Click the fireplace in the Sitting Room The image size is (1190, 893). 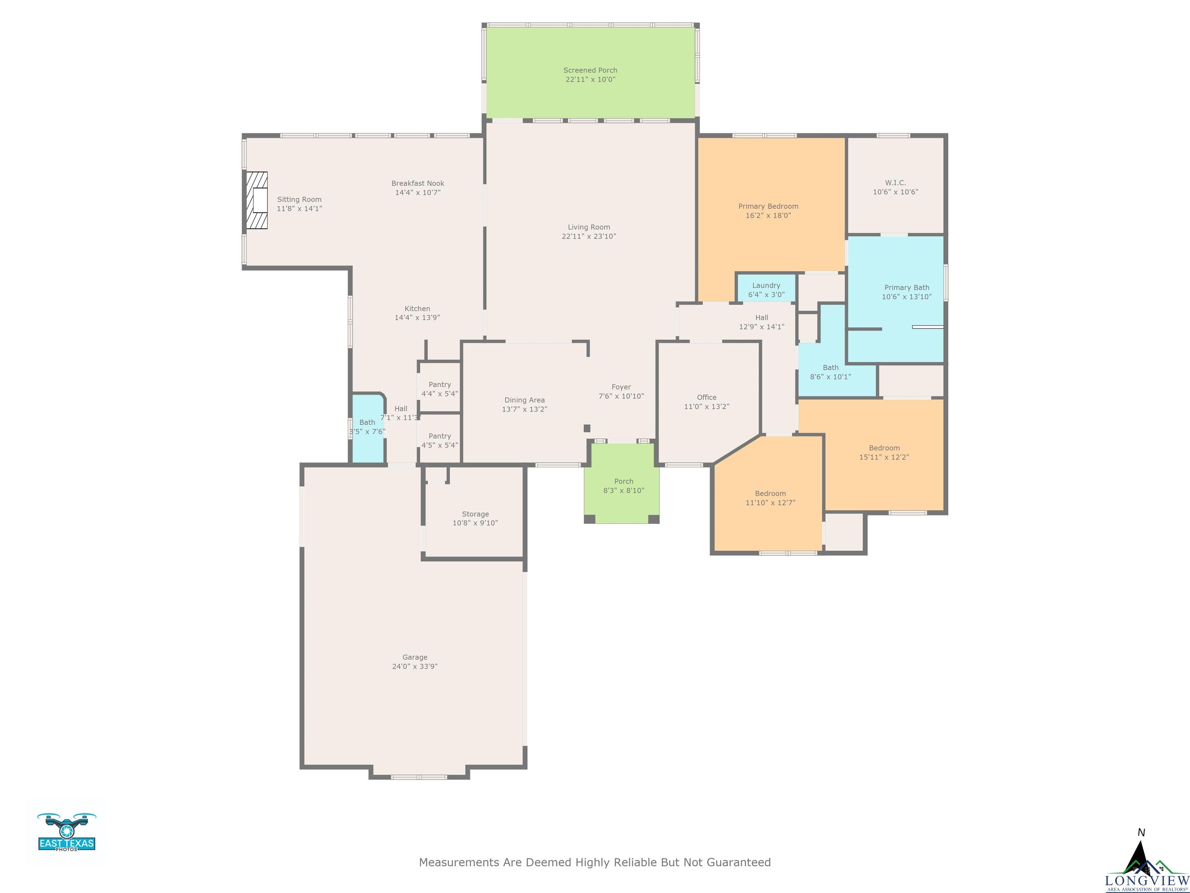(256, 200)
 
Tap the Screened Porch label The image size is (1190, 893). (590, 70)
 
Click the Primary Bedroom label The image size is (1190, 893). (768, 206)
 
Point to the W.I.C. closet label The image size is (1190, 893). (895, 183)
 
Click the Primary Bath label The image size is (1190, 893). (906, 288)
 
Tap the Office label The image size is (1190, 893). (706, 397)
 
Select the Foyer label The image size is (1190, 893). (621, 387)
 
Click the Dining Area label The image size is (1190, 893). (524, 400)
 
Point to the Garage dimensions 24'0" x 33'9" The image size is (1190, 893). (415, 666)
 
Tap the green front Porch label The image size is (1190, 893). (624, 481)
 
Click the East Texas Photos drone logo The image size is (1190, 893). (67, 832)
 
